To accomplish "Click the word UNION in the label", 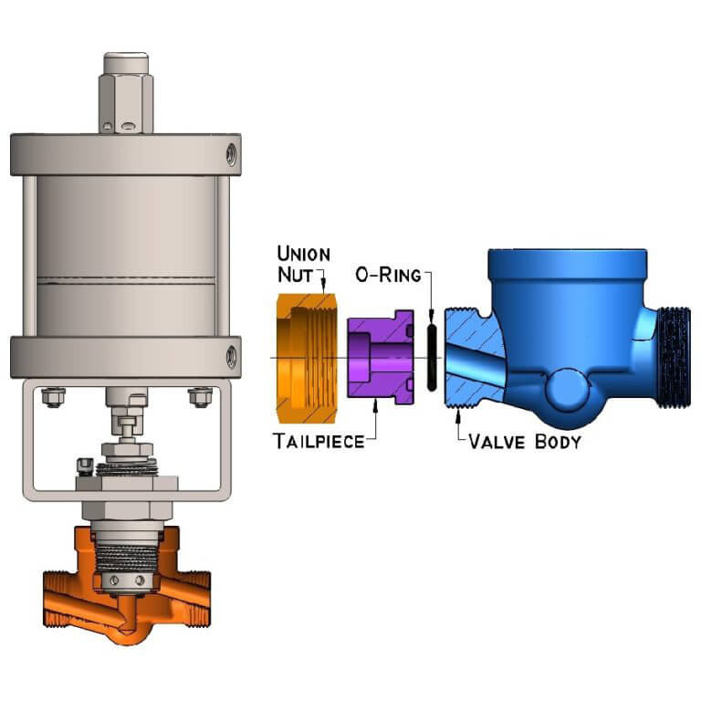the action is coord(304,254).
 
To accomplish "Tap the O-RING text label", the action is coord(388,275).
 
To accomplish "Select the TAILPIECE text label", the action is coord(319,441).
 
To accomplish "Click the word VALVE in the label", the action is coord(497,442).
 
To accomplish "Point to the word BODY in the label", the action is coord(558,442).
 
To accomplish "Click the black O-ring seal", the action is coord(432,357).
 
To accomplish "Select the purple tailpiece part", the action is coord(381,357).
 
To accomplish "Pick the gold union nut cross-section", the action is coord(306,358).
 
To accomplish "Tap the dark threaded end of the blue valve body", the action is coord(675,358).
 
